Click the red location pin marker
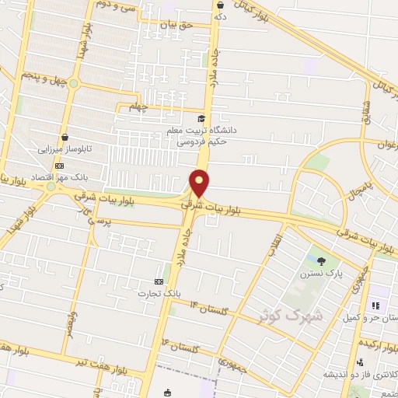pyautogui.click(x=200, y=183)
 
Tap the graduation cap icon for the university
pyautogui.click(x=202, y=119)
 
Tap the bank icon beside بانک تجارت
pyautogui.click(x=159, y=281)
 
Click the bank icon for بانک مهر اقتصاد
pyautogui.click(x=59, y=165)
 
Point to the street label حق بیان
pyautogui.click(x=175, y=26)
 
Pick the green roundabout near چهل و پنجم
pyautogui.click(x=74, y=83)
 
